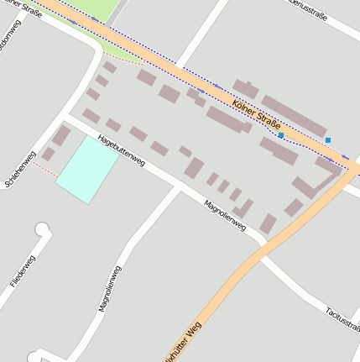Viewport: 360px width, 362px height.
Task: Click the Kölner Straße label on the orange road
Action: tap(256, 115)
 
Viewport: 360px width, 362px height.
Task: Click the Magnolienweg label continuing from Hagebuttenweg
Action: tap(225, 215)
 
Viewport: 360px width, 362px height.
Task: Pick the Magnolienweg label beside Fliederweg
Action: tap(110, 288)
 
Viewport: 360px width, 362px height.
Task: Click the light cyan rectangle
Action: tap(87, 169)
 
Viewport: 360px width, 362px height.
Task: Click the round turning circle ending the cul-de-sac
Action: tap(42, 229)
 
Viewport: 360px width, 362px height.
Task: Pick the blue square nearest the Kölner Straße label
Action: tap(281, 134)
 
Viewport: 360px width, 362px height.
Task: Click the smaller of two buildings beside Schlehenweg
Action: tap(49, 155)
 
